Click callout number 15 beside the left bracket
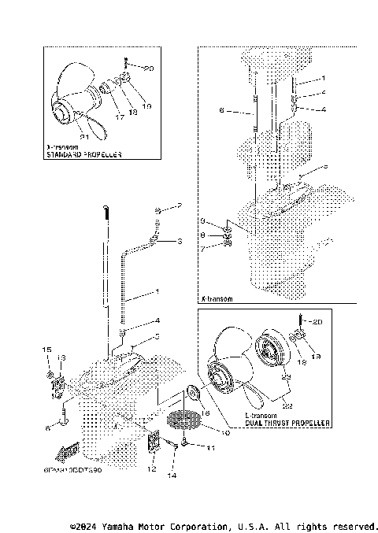click(47, 350)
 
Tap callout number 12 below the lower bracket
click(152, 469)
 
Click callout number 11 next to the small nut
click(210, 447)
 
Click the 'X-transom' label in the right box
click(216, 299)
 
